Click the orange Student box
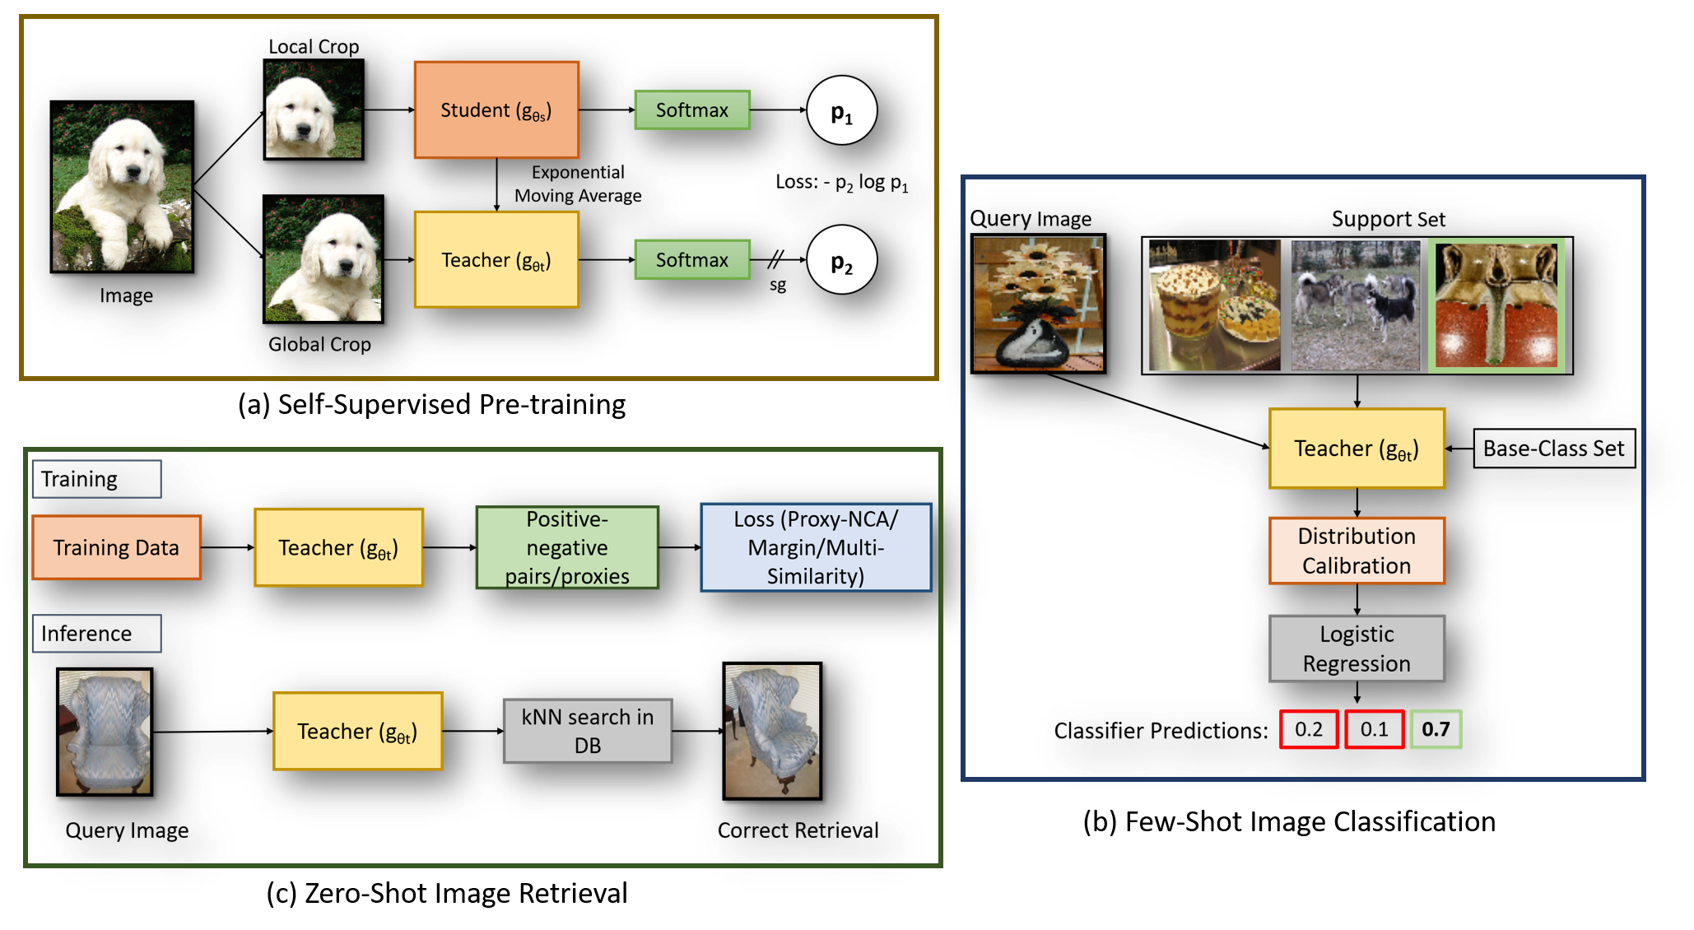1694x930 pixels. tap(496, 109)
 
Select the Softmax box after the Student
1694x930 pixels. tap(691, 109)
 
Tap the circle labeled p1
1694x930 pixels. tap(841, 111)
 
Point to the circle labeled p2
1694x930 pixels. tap(841, 261)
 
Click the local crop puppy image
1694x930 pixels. tap(314, 109)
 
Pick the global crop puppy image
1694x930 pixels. tap(323, 259)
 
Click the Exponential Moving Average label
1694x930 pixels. tap(578, 184)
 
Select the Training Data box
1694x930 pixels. tap(116, 547)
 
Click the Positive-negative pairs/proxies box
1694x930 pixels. tap(567, 547)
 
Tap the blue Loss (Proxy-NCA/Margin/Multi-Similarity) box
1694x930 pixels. tap(816, 547)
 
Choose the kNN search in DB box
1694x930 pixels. tap(588, 731)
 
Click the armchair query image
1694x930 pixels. tap(104, 732)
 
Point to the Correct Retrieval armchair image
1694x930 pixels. tap(772, 731)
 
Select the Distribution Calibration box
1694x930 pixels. tap(1357, 551)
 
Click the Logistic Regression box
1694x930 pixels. tap(1357, 649)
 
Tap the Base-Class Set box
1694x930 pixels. tap(1553, 449)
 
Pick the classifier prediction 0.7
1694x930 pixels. tap(1436, 729)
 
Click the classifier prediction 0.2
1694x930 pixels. tap(1309, 729)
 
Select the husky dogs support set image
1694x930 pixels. tap(1356, 305)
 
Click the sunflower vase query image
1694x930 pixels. tap(1038, 304)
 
